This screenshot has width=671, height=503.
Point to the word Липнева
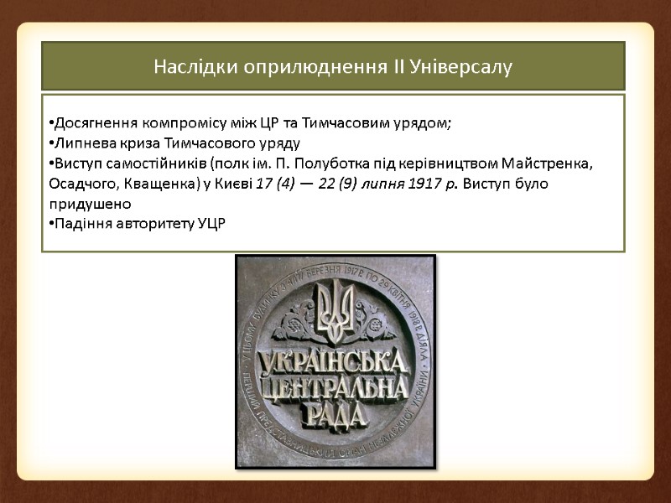pos(81,143)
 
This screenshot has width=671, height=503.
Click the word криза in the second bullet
pos(137,143)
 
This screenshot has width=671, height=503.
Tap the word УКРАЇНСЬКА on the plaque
pos(335,362)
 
